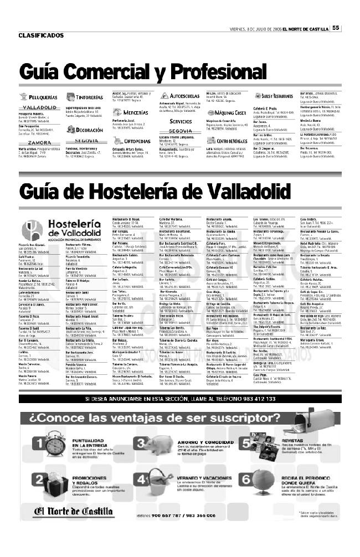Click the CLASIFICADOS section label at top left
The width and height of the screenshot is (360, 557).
pyautogui.click(x=41, y=35)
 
